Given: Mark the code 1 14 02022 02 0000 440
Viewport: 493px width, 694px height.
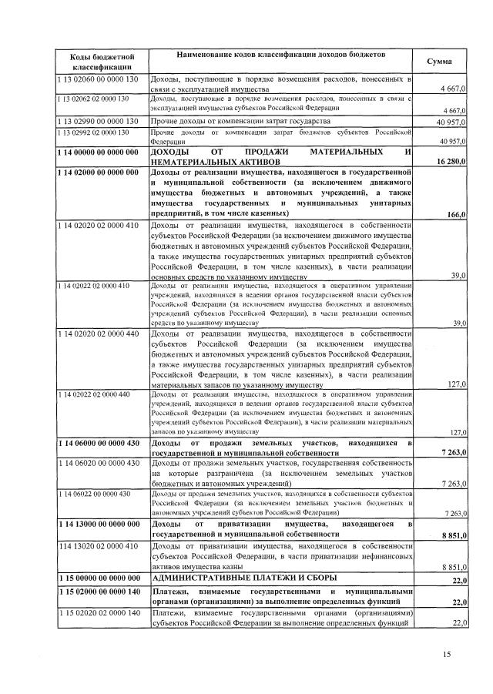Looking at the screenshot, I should (92, 394).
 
